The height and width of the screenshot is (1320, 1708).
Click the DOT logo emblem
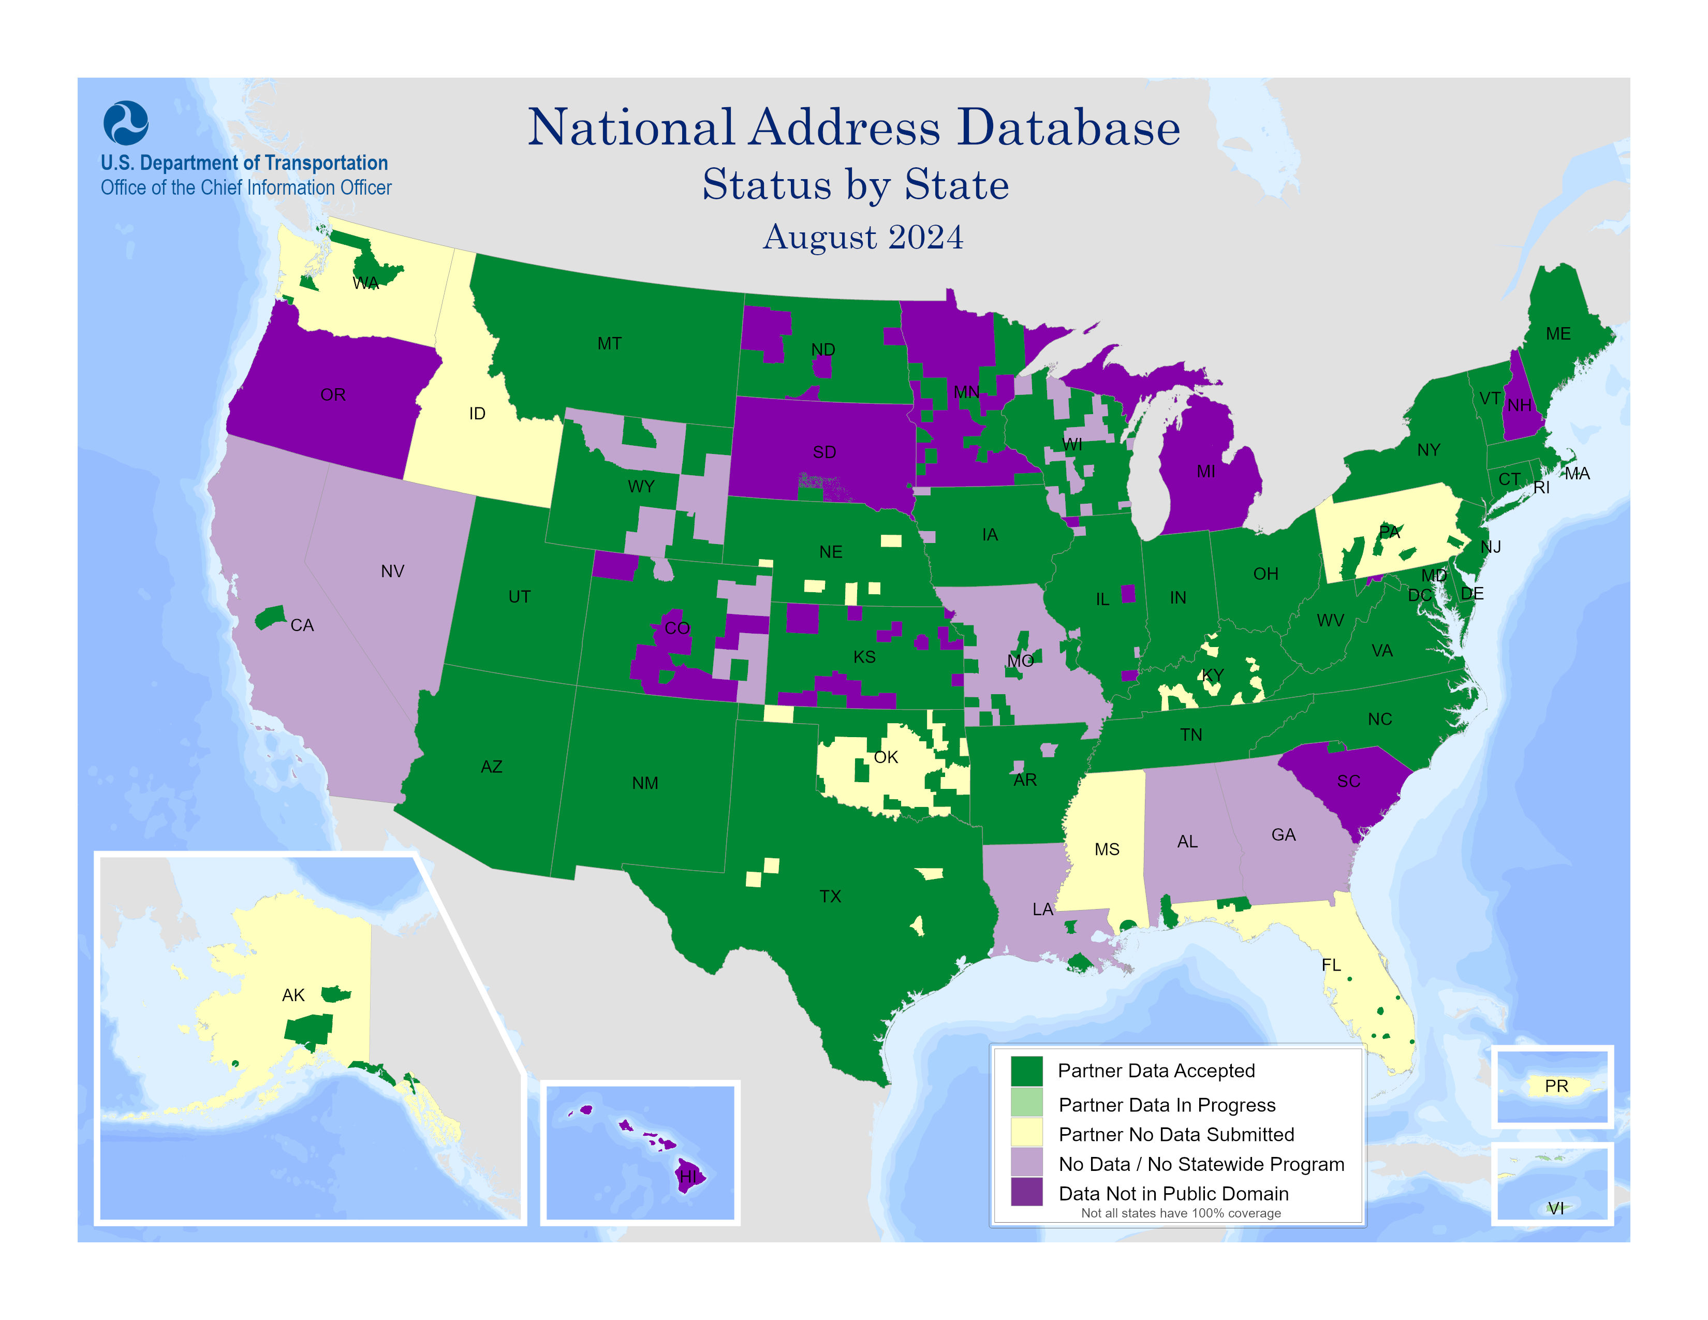[125, 123]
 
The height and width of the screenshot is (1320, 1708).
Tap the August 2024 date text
[863, 237]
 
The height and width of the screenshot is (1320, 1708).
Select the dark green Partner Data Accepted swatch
[1026, 1070]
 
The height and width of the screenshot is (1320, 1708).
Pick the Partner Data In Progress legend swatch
[1026, 1104]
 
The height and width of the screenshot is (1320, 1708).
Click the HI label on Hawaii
[687, 1176]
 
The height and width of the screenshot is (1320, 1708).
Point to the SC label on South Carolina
[1348, 781]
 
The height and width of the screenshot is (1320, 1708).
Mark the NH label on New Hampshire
[1519, 405]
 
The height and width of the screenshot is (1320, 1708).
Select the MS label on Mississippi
[1107, 849]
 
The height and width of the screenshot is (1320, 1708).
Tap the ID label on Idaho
[477, 414]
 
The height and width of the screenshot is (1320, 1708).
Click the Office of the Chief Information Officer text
[245, 188]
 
